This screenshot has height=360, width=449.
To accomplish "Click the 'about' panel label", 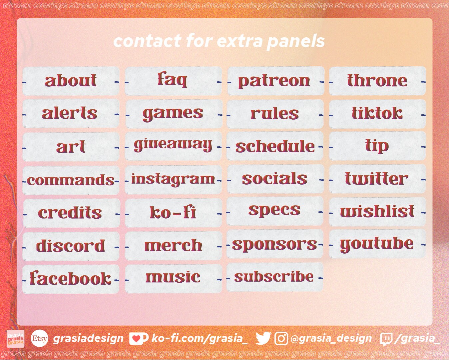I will coord(71,81).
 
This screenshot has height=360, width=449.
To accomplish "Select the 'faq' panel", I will coord(173,80).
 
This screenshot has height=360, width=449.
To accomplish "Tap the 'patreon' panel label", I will coord(274,81).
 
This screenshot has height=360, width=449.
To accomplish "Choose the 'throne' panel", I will coord(377,81).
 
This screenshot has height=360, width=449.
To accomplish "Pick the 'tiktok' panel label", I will coord(377,113).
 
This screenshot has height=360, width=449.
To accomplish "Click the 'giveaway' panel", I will coord(173,146).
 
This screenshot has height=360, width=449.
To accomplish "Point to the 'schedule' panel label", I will coord(275,146).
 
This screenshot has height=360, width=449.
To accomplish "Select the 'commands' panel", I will coord(71,180).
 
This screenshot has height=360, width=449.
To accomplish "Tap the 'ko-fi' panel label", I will coord(173,212).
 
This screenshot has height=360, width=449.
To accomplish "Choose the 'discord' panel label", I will coord(71,246).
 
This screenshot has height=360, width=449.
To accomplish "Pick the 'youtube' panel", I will coord(377,244).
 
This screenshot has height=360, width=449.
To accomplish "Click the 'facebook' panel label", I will coord(71,279).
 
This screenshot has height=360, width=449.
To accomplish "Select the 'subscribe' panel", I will coord(274,277).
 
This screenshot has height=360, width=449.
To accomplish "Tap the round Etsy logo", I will coord(39,338).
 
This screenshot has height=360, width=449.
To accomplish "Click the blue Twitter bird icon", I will coord(263,338).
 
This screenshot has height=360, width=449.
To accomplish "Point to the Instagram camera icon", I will coord(281,338).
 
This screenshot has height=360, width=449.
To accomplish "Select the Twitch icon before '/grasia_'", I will coord(386,339).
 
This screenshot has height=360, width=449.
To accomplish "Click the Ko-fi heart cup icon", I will coord(138,339).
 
